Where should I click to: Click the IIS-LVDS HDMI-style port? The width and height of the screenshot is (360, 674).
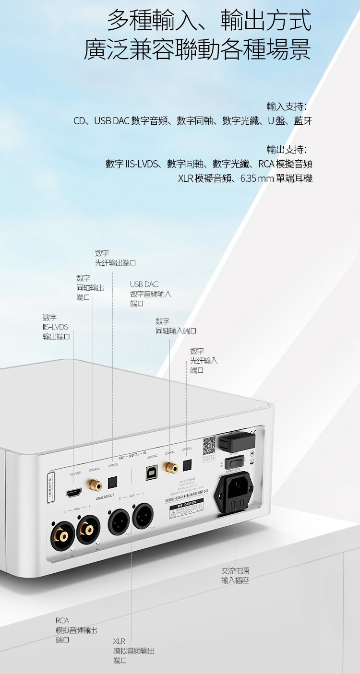tap(73, 492)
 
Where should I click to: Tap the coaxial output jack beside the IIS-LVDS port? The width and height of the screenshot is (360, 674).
tap(93, 485)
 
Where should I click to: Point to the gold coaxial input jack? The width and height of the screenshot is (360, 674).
tap(170, 466)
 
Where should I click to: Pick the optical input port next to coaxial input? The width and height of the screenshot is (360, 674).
tap(187, 464)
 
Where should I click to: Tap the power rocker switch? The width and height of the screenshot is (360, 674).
tap(234, 462)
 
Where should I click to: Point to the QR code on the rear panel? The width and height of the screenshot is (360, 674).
tap(209, 446)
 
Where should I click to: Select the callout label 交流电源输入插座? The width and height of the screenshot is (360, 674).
tap(235, 576)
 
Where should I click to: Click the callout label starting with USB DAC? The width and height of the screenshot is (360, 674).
tap(150, 294)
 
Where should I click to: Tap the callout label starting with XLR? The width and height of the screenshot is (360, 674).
tap(133, 650)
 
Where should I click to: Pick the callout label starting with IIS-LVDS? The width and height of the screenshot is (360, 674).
tap(56, 327)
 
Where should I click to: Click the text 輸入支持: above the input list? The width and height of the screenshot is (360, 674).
tap(287, 106)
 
